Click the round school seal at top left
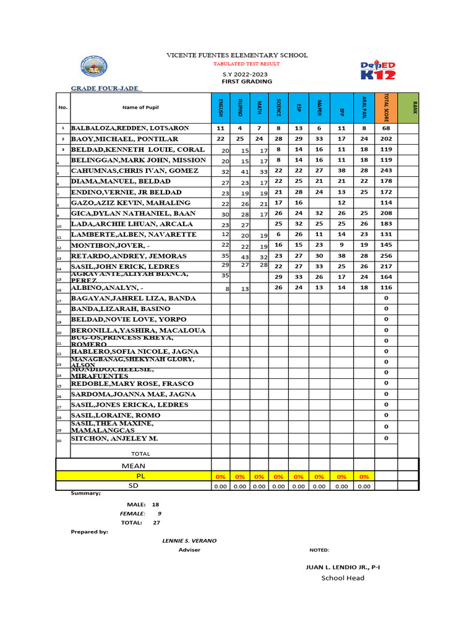coord(94,68)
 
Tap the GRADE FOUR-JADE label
coord(106,88)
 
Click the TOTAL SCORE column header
coord(386,107)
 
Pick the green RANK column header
coord(408,107)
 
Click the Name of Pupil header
coord(140,108)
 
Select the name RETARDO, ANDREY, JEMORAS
coord(129,256)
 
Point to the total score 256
coord(386,256)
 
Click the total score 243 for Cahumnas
coord(386,171)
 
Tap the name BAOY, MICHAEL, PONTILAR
coord(124,139)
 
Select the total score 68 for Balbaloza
coord(386,128)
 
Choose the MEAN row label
coord(134,465)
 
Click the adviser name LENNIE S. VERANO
coord(189,540)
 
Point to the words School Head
coord(343,578)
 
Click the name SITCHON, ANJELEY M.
coord(114,438)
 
